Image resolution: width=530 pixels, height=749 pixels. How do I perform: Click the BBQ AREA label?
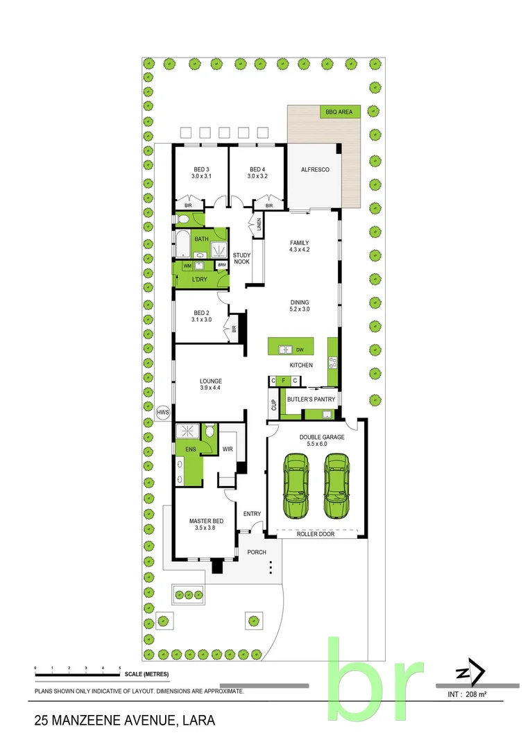[x=339, y=111]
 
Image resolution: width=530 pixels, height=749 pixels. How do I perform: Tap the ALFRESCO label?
[x=314, y=170]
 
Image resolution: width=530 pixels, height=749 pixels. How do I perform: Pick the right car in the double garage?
[x=335, y=485]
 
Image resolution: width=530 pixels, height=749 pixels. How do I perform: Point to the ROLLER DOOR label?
[x=316, y=534]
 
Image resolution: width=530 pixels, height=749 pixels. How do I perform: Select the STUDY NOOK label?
[x=241, y=258]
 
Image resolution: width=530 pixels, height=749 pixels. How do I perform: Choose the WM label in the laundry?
[x=187, y=266]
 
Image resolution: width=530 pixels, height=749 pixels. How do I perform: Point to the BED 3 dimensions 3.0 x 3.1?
[x=200, y=177]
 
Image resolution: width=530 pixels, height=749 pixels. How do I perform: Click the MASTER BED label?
[x=206, y=521]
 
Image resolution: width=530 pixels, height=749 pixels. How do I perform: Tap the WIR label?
[x=227, y=449]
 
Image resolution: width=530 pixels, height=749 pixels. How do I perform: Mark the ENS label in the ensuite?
[x=189, y=449]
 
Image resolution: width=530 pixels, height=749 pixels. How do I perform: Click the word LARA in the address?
[x=198, y=721]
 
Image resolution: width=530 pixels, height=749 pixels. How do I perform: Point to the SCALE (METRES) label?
[x=146, y=674]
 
